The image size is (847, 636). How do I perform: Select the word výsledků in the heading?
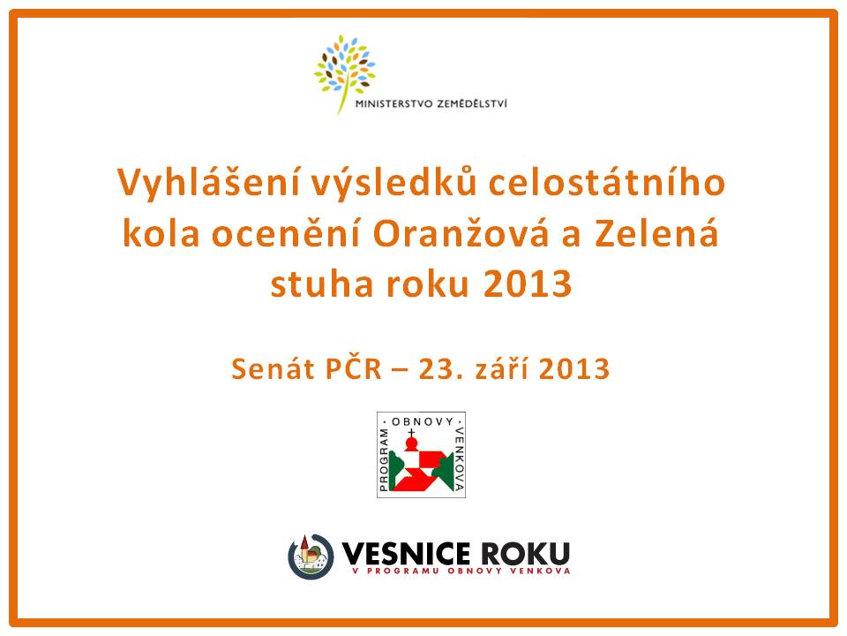pos(394,183)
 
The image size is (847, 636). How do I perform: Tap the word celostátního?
pos(607,182)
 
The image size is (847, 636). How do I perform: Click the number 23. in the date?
pos(433,369)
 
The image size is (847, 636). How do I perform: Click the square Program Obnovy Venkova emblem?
pos(422,455)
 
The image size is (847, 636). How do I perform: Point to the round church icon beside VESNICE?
pos(311,556)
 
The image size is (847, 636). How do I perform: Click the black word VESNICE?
pos(406,554)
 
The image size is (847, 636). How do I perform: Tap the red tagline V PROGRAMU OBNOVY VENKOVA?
pos(461,571)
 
